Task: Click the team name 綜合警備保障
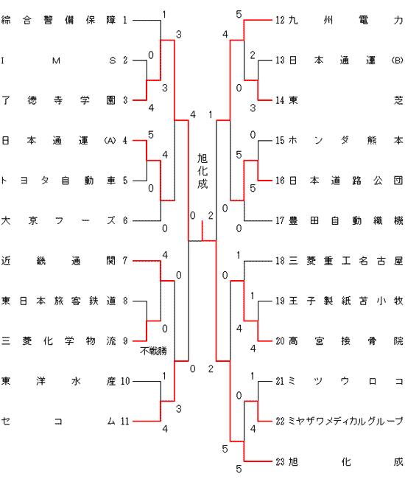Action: tap(58, 21)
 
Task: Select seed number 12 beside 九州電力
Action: tap(280, 21)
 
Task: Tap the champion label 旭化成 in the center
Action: tap(202, 171)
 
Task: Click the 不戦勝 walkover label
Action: tap(153, 351)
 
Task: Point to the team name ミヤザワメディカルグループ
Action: tap(346, 421)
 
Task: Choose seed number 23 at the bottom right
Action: tap(280, 461)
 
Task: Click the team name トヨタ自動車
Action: tap(58, 181)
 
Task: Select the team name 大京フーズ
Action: tap(58, 220)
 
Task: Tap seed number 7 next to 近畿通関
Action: tap(125, 261)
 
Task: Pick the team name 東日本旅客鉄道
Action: tap(58, 301)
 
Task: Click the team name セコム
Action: tap(58, 421)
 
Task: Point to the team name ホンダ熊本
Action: tap(346, 141)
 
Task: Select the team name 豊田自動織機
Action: tap(346, 220)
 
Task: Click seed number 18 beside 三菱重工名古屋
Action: tap(280, 261)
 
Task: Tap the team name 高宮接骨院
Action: tap(346, 341)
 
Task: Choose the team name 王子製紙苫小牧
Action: tap(346, 301)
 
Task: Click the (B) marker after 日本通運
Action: tap(397, 60)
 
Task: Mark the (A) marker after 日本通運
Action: tap(110, 141)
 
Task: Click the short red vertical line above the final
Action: tap(202, 230)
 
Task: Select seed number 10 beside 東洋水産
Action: tap(125, 381)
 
